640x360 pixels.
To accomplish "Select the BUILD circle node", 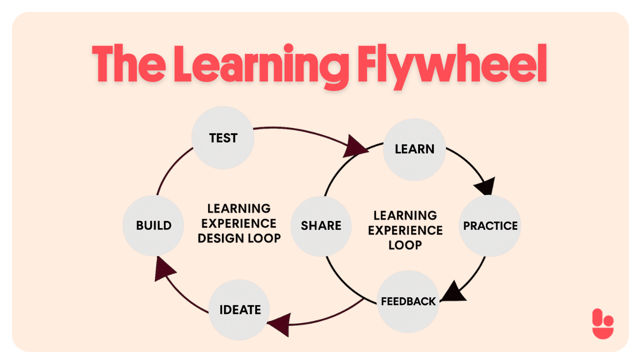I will point(153,225).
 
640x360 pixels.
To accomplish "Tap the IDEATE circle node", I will point(240,309).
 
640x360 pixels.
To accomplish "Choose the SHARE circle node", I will point(321,225).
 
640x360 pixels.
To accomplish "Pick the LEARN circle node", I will point(414,149).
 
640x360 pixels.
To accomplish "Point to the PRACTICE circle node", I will point(490,225).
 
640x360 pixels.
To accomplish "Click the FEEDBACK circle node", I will point(408,301).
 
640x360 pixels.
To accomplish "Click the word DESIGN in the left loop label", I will point(218,238).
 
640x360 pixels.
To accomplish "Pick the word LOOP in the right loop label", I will point(405,245).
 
